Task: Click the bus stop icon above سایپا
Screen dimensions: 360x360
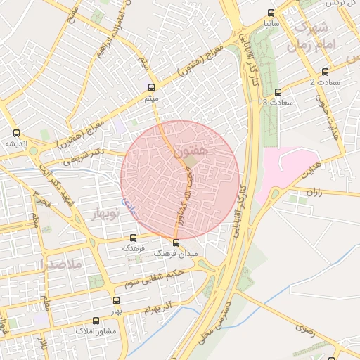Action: click(x=271, y=12)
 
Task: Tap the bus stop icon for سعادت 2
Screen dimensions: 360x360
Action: click(x=325, y=72)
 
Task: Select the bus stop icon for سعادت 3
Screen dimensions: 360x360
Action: click(x=278, y=91)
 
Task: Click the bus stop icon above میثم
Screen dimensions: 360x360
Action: click(x=151, y=87)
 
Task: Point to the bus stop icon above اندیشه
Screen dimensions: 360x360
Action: click(x=16, y=132)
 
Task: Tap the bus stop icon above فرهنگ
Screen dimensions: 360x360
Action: click(x=134, y=238)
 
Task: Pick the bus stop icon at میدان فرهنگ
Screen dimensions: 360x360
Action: click(x=176, y=243)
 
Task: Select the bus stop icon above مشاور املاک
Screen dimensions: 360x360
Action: click(x=95, y=321)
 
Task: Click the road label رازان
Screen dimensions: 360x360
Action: click(x=314, y=191)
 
